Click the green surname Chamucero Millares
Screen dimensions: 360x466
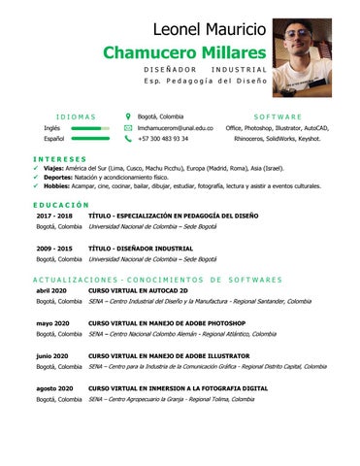pyautogui.click(x=184, y=50)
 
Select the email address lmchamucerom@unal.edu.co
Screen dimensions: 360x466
pyautogui.click(x=176, y=127)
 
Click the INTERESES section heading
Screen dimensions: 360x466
pyautogui.click(x=59, y=158)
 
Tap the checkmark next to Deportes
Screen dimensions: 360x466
pyautogui.click(x=36, y=177)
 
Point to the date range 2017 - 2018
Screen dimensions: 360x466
pyautogui.click(x=54, y=216)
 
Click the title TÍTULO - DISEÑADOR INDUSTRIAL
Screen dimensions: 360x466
pyautogui.click(x=140, y=249)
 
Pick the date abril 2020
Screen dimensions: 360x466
pyautogui.click(x=50, y=290)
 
